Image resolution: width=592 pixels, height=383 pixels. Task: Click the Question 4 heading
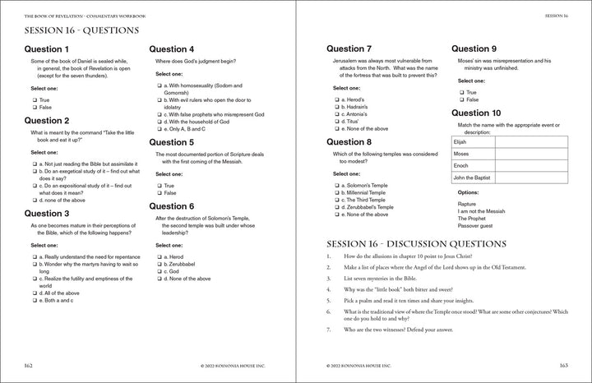pos(177,49)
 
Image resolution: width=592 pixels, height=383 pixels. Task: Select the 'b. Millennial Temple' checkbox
pos(336,192)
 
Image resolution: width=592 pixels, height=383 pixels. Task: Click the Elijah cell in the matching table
pos(474,141)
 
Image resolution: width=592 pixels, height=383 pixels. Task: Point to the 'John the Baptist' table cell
pos(474,178)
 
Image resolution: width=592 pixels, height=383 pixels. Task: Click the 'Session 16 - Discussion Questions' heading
pos(417,244)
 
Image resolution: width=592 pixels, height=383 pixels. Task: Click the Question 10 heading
pos(488,113)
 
